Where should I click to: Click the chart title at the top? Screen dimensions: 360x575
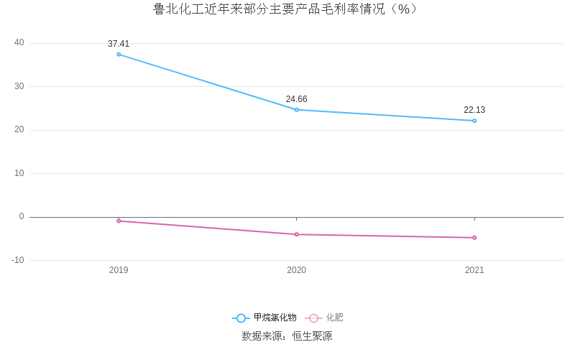click(x=287, y=9)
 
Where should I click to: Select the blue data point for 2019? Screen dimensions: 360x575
click(x=119, y=55)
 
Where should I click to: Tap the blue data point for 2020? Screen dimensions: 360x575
click(x=296, y=110)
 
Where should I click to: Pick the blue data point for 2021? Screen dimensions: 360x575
click(x=474, y=121)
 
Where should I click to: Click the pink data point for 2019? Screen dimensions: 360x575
click(x=119, y=221)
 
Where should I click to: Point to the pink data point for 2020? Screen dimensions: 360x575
click(x=296, y=234)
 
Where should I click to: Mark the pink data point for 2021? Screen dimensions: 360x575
click(x=474, y=238)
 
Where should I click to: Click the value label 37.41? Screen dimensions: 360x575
click(x=119, y=44)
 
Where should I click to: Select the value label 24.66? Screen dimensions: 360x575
click(x=296, y=99)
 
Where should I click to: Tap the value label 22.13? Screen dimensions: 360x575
click(x=474, y=110)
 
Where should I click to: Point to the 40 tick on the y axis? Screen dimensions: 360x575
click(x=19, y=43)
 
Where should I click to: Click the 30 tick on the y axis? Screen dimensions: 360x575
click(x=19, y=86)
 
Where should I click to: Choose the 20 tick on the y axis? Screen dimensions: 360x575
click(x=19, y=130)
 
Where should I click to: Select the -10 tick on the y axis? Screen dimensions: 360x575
click(x=17, y=260)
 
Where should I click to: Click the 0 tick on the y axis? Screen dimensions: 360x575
click(x=21, y=217)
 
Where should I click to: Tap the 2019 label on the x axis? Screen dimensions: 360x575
click(x=119, y=270)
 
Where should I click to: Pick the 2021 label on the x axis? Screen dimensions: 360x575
click(x=474, y=270)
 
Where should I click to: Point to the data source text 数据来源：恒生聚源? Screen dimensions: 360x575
click(x=287, y=336)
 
